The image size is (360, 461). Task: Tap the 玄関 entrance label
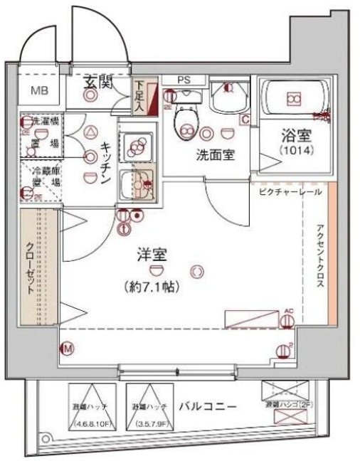pyautogui.click(x=100, y=82)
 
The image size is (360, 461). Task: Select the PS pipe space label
pyautogui.click(x=184, y=80)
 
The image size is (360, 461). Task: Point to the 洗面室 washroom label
pyautogui.click(x=216, y=154)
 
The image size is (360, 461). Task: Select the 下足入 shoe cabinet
pyautogui.click(x=144, y=96)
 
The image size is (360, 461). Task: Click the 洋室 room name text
pyautogui.click(x=152, y=255)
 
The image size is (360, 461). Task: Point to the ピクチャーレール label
pyautogui.click(x=290, y=192)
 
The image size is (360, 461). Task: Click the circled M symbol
pyautogui.click(x=68, y=349)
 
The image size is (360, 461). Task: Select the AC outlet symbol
pyautogui.click(x=288, y=320)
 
